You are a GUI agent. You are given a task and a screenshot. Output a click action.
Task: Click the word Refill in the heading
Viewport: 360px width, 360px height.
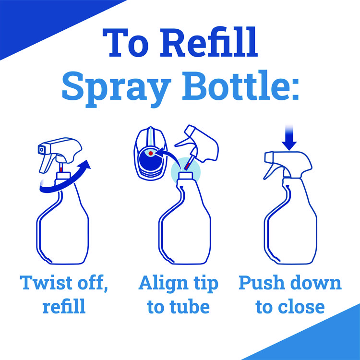point(209,42)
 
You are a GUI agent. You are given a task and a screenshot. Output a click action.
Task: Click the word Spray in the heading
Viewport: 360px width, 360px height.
point(117,88)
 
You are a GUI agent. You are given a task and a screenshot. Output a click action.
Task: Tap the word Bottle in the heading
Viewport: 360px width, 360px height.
point(240,85)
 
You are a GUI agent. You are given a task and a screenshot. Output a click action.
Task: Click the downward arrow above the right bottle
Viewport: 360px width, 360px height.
point(289,138)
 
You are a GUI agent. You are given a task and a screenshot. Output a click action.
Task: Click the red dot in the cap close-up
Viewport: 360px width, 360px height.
point(151,153)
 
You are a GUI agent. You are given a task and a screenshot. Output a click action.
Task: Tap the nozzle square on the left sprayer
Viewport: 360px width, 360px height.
point(41,149)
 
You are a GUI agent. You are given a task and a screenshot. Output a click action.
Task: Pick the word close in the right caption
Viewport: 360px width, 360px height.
point(301,307)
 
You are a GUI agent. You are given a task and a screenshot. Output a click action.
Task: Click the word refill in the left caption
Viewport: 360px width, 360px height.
point(64,306)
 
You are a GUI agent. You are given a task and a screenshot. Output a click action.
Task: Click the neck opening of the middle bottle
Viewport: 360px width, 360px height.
point(186,176)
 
